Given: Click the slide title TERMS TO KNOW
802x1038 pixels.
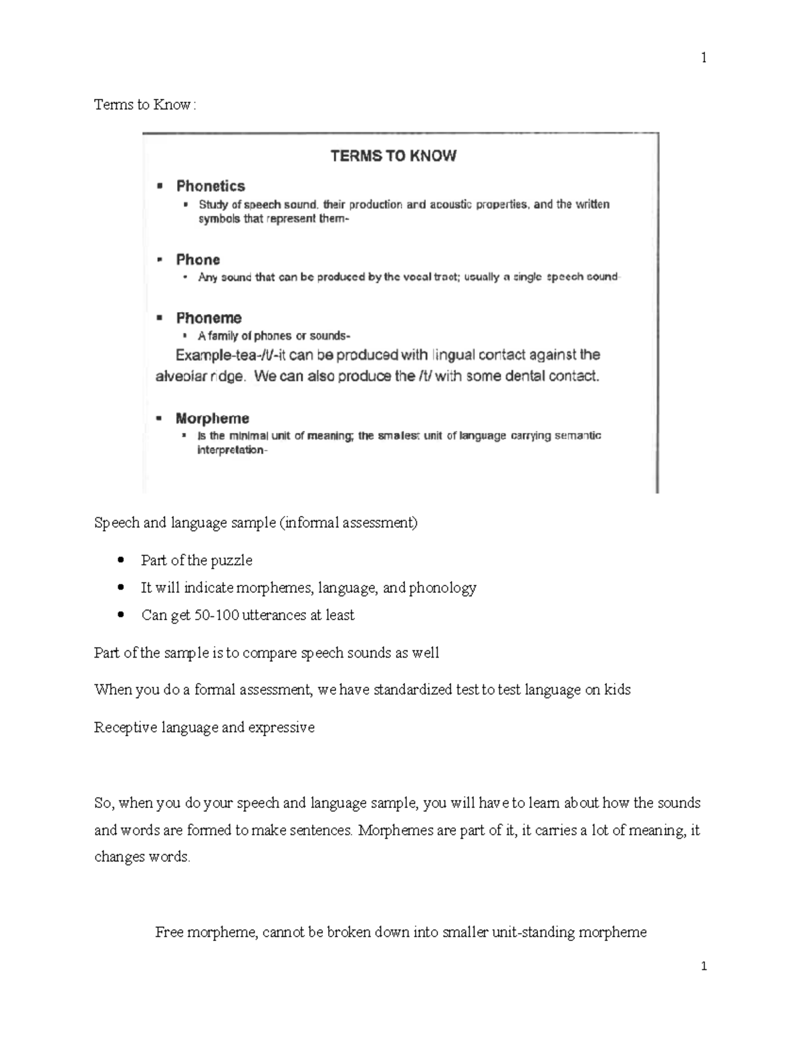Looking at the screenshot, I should (394, 156).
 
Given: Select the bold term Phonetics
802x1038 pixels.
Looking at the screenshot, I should (211, 186).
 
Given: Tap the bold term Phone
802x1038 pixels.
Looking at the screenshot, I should (198, 259).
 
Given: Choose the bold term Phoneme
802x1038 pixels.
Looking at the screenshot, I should (209, 317).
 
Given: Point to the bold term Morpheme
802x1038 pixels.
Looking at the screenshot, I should (212, 418).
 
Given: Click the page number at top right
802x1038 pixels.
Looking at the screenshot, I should (703, 58).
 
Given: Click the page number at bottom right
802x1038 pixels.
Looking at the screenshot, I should (703, 966).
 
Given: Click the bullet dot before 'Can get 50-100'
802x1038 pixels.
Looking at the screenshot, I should (120, 615).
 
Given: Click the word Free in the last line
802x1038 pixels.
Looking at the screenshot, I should (169, 932).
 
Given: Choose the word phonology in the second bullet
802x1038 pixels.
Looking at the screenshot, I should (442, 588).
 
